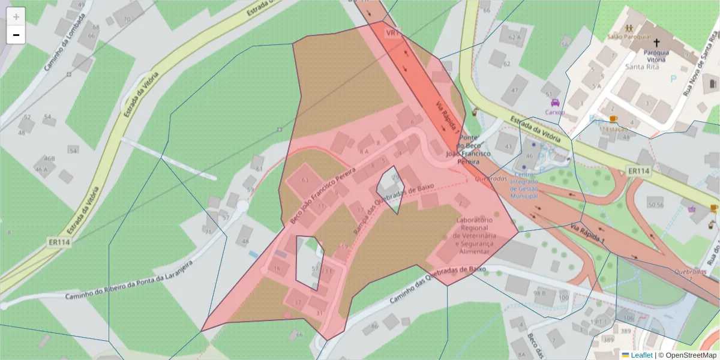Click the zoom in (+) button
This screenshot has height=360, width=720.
[x=16, y=17]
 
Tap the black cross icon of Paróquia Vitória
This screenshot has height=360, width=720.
[x=656, y=43]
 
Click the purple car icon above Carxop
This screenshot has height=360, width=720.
[x=555, y=103]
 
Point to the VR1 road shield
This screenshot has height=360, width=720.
[x=393, y=32]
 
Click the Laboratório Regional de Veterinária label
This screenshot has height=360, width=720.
[x=474, y=236]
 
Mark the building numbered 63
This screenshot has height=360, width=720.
[x=305, y=180]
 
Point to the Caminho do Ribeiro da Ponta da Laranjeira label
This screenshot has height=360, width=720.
[x=129, y=281]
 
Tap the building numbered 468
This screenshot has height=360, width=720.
[x=49, y=159]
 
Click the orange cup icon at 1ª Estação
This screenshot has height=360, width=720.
[x=613, y=119]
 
